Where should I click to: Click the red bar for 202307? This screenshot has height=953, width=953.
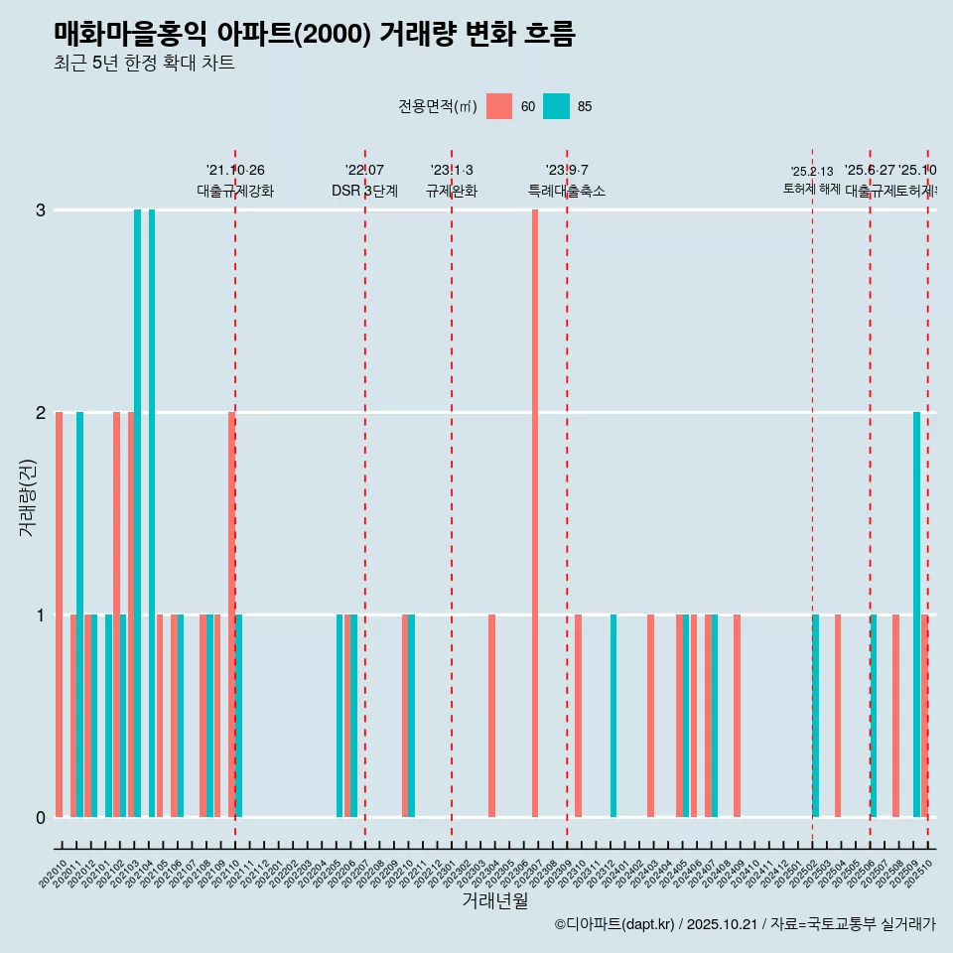(535, 513)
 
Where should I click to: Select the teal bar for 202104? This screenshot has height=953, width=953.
(152, 513)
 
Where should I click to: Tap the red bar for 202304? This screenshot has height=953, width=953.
(491, 715)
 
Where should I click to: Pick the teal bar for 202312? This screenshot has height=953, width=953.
(613, 715)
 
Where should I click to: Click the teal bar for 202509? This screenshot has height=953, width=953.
(917, 614)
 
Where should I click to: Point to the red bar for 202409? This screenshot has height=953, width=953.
(737, 715)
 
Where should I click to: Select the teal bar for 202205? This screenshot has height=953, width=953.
(340, 715)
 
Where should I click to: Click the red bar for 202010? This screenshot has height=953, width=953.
(60, 614)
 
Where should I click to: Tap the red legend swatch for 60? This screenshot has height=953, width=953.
(499, 106)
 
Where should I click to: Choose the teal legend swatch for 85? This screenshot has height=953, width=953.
(557, 106)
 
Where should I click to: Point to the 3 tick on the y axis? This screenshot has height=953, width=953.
(41, 210)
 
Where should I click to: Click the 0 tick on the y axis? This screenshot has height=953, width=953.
(41, 818)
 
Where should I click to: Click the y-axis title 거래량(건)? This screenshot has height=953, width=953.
(27, 497)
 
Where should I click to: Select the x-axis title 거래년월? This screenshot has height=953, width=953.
(494, 900)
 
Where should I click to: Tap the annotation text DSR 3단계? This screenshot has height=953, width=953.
(364, 191)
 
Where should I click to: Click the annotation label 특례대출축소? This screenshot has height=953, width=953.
(566, 191)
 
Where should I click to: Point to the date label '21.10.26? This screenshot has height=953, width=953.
(235, 170)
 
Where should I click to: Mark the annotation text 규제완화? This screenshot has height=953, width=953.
(452, 191)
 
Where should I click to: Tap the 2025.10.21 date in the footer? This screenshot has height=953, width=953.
(722, 924)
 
